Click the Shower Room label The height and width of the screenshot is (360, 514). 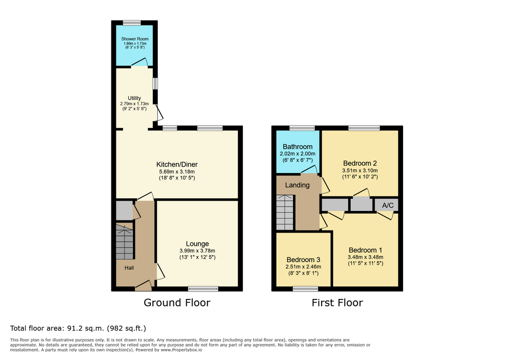coord(135,38)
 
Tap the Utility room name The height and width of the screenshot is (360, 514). coord(134,98)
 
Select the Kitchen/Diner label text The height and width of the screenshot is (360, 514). coord(177,164)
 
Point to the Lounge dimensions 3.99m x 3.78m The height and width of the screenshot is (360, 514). coord(197,250)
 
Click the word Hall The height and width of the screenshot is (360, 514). coord(129,268)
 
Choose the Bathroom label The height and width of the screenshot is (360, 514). coord(298,146)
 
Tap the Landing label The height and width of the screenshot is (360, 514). coord(297,185)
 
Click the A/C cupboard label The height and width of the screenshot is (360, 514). coord(388,205)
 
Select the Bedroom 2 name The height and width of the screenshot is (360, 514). coord(360,163)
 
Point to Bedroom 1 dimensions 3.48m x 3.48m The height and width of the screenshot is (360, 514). coord(366,257)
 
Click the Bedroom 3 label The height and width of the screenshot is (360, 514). coord(303,260)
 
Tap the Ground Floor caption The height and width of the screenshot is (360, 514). coord(177,302)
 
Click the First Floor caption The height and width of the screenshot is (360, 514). coord(337,302)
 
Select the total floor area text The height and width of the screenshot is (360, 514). coord(78,328)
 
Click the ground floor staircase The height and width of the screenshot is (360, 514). coord(124,241)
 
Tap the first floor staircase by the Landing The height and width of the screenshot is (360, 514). coord(285,212)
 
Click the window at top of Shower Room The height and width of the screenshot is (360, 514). coord(132,22)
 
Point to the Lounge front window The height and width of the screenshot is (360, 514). coord(203,289)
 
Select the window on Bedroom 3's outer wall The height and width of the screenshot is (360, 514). coord(306,289)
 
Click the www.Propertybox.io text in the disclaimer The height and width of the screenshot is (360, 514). coord(181,350)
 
